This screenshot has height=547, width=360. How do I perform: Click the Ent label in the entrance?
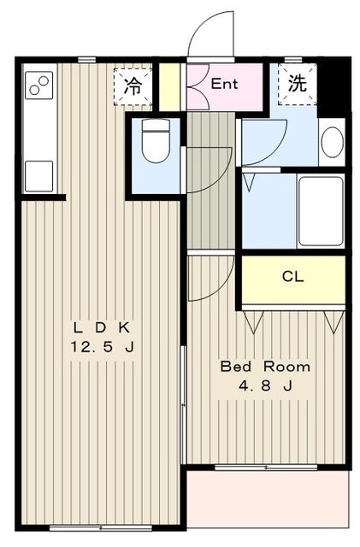224,84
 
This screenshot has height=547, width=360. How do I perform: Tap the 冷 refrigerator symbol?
133,86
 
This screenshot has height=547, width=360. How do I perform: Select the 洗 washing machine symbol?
297,84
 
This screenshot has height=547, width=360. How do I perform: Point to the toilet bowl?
156,141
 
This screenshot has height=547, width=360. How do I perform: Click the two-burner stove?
38,85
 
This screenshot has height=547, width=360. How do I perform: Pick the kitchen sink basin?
38,176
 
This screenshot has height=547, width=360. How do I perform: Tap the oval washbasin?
332,143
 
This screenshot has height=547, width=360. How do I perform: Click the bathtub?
321,211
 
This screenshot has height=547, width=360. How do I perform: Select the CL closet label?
293,277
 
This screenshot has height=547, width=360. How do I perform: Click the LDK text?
102,328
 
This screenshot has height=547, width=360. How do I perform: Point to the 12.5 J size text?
103,347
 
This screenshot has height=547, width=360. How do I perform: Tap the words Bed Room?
265,367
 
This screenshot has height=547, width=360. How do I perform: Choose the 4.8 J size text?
266,385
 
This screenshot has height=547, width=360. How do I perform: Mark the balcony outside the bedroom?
268,499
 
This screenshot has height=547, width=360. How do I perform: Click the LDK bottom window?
101,528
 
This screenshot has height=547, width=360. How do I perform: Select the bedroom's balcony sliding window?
266,468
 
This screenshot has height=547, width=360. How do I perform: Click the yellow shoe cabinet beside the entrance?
169,86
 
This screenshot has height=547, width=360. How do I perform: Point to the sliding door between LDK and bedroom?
183,404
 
